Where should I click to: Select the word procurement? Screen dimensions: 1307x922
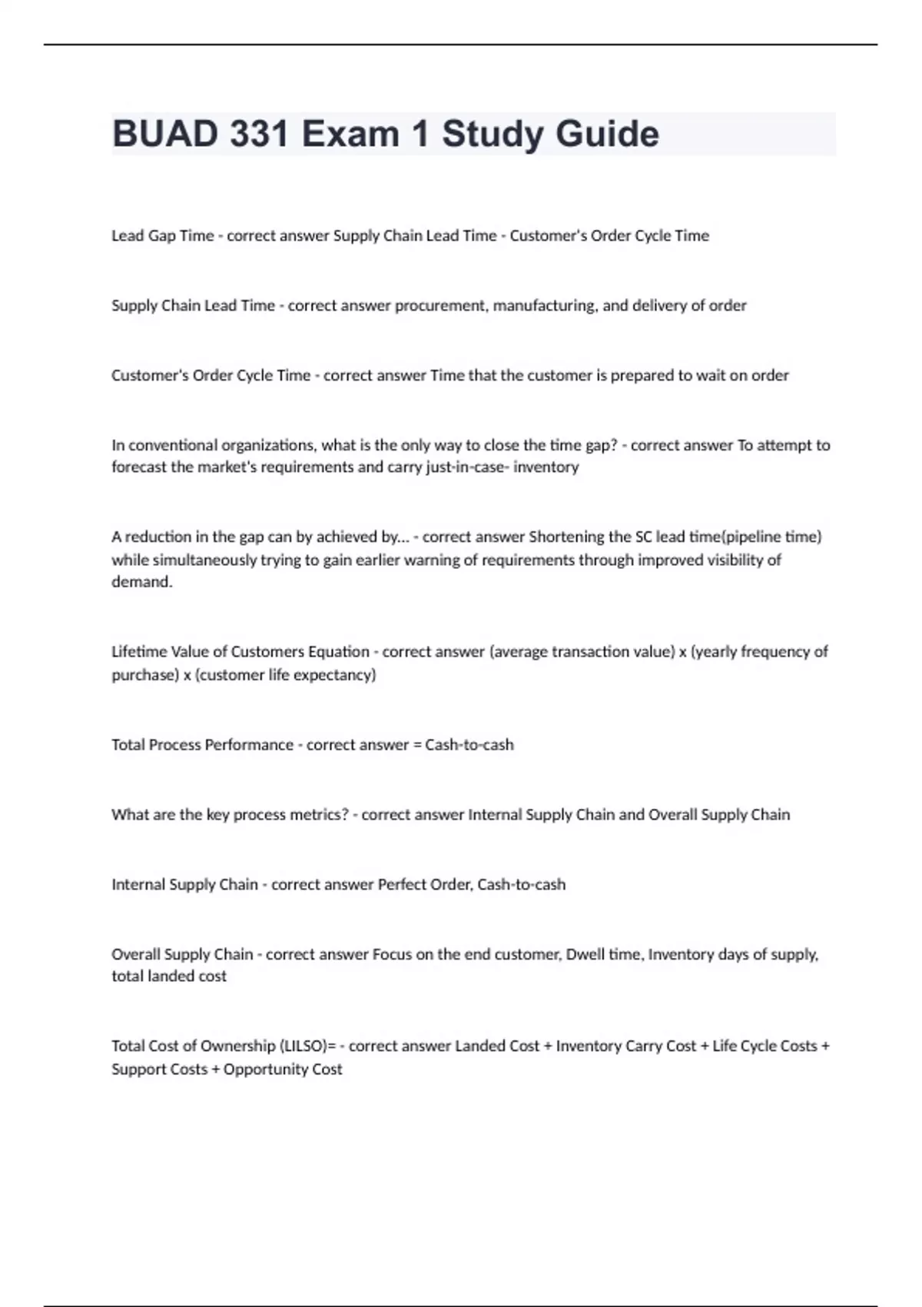[440, 305]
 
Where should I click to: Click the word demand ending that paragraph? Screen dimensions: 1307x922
[141, 582]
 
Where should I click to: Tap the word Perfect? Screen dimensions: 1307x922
[402, 885]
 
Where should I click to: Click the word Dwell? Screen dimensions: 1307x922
[584, 954]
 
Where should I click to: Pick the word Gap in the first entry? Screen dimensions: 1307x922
[161, 236]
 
